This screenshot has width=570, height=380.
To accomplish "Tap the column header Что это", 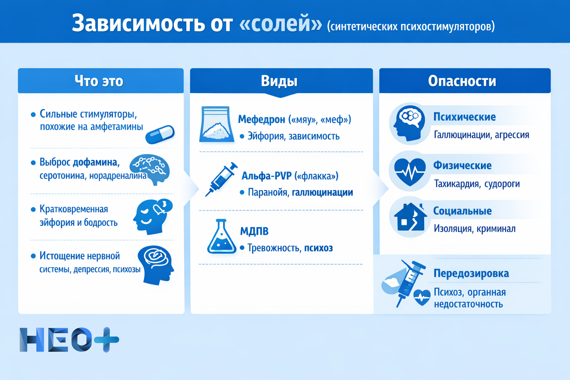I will pyautogui.click(x=99, y=81).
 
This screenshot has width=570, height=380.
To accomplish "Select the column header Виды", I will pyautogui.click(x=279, y=81).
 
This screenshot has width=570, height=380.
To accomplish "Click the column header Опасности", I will pyautogui.click(x=462, y=81).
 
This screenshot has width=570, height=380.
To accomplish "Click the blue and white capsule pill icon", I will pyautogui.click(x=160, y=134).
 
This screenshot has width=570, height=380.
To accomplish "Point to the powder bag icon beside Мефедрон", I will pyautogui.click(x=217, y=125).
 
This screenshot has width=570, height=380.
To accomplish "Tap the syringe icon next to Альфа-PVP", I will pyautogui.click(x=222, y=178).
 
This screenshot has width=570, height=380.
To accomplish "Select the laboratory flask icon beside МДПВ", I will pyautogui.click(x=222, y=237).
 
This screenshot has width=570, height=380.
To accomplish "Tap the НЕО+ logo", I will pyautogui.click(x=69, y=340).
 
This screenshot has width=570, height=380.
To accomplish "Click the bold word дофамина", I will pyautogui.click(x=95, y=163).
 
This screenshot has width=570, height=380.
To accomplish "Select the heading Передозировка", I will pyautogui.click(x=471, y=273).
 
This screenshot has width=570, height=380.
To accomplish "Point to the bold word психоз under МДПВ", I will pyautogui.click(x=318, y=248).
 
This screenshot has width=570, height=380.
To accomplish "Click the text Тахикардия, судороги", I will pyautogui.click(x=477, y=184).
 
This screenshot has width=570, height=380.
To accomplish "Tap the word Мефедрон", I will pyautogui.click(x=261, y=119).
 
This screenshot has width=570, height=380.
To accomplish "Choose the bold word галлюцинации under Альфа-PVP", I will pyautogui.click(x=322, y=193).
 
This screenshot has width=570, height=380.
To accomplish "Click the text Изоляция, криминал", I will pyautogui.click(x=475, y=229).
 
